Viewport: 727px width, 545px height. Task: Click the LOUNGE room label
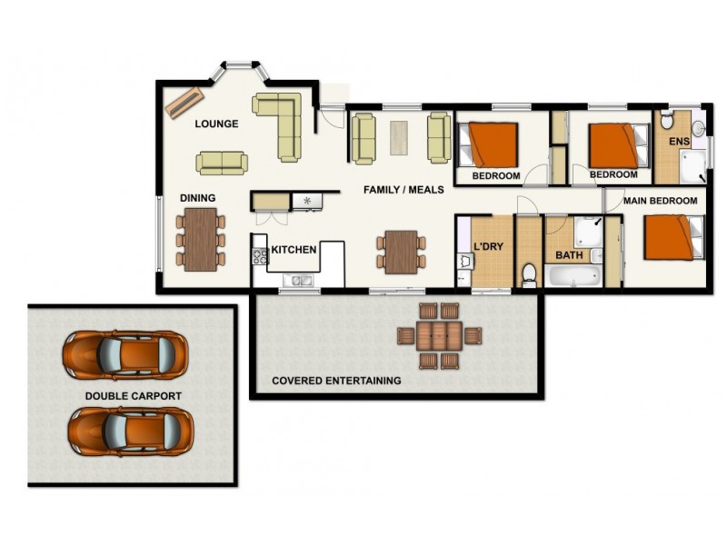(x=216, y=124)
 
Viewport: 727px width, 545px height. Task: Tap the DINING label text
(x=197, y=198)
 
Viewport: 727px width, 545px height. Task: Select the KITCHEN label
(x=294, y=249)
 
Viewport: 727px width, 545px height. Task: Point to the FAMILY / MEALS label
(x=403, y=190)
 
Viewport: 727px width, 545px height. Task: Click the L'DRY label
(x=488, y=246)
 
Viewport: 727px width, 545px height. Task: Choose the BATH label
(x=569, y=255)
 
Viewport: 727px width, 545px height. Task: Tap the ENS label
(x=679, y=143)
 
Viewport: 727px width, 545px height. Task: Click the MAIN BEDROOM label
(x=660, y=201)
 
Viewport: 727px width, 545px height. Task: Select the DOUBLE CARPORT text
(x=134, y=396)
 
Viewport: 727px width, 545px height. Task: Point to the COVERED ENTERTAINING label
(x=336, y=381)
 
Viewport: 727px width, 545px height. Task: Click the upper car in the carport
(x=125, y=354)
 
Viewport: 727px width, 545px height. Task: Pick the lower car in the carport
(x=131, y=430)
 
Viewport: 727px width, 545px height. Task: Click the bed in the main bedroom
(x=673, y=236)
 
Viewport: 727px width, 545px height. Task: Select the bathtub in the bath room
(x=573, y=275)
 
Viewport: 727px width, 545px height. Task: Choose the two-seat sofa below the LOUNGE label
(x=222, y=163)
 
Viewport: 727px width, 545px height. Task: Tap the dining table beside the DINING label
(x=201, y=239)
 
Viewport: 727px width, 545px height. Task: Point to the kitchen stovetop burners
(x=260, y=255)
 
